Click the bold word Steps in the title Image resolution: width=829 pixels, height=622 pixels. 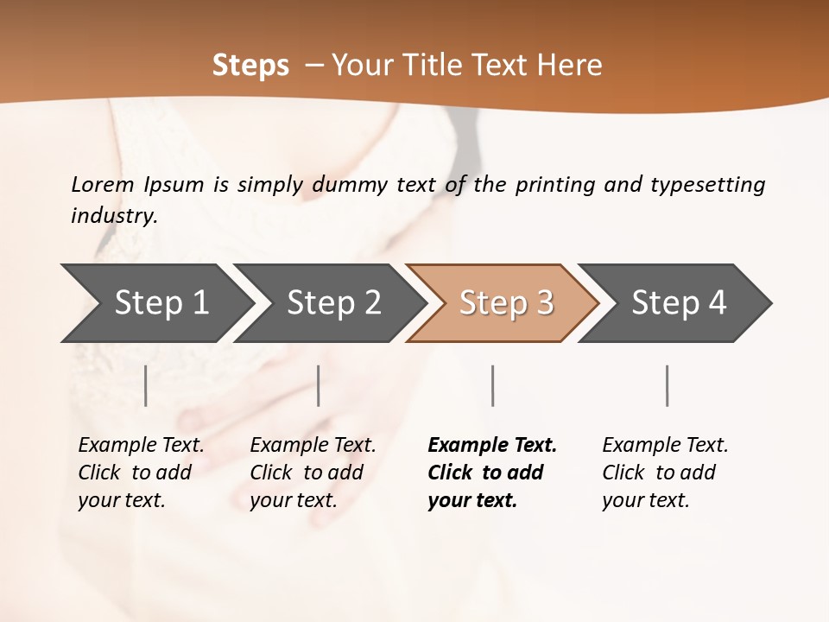[250, 66]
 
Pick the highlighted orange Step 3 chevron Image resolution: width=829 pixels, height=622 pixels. [503, 303]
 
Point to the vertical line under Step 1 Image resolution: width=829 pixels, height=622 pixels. [146, 385]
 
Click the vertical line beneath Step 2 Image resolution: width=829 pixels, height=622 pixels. [319, 385]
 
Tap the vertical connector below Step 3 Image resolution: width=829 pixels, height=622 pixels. [492, 385]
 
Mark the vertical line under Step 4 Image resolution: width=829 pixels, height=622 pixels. [668, 385]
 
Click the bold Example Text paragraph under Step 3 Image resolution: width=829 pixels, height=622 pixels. [492, 473]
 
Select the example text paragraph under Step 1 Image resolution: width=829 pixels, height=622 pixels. [141, 473]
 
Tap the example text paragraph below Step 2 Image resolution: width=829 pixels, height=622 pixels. [313, 473]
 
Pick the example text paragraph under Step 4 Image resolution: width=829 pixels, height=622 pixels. [665, 473]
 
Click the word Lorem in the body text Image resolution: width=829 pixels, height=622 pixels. [103, 184]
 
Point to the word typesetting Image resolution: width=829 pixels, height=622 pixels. [707, 184]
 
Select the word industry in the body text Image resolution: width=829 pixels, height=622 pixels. [114, 216]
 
